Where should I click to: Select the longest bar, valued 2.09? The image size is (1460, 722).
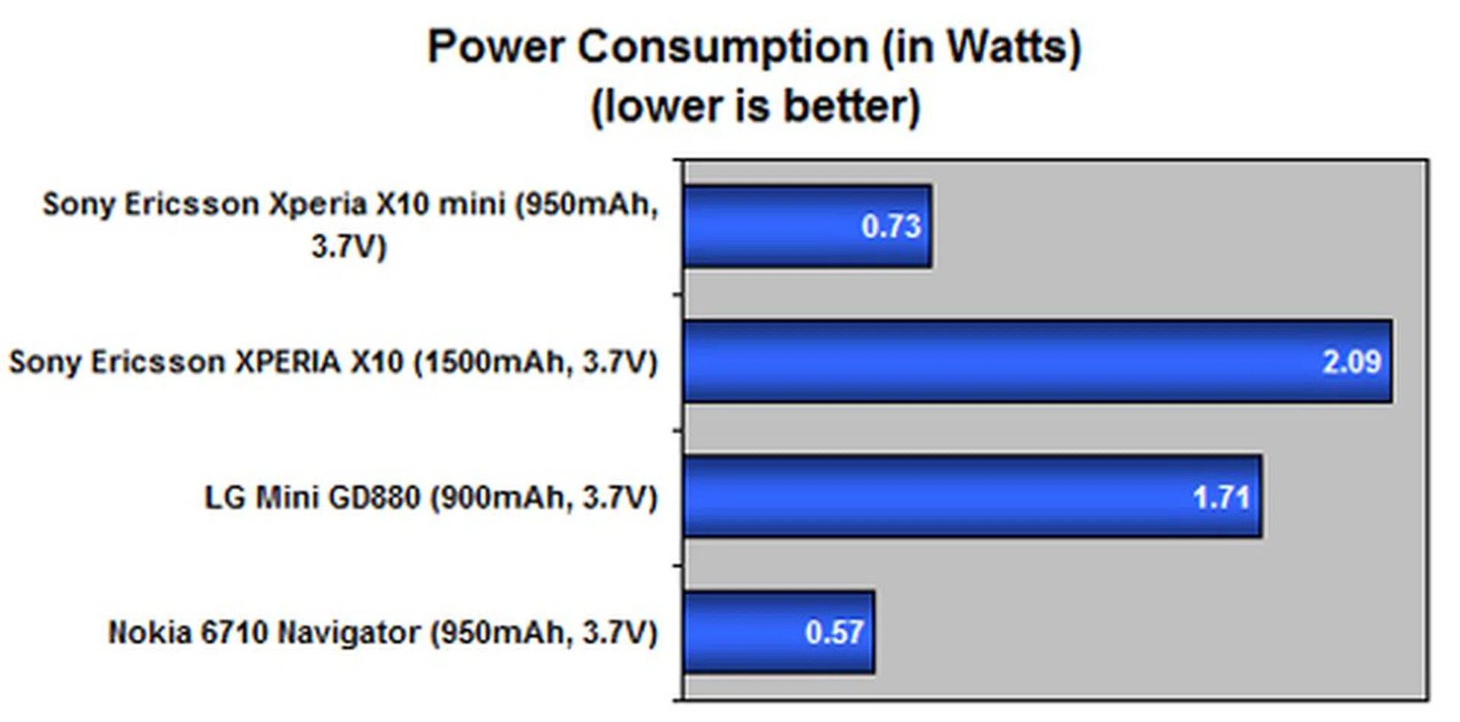pyautogui.click(x=989, y=361)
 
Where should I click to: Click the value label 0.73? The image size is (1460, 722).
pyautogui.click(x=890, y=227)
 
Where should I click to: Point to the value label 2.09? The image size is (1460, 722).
pyautogui.click(x=1351, y=361)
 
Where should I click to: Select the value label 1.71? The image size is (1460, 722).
pyautogui.click(x=1221, y=498)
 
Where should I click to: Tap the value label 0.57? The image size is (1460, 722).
pyautogui.click(x=833, y=633)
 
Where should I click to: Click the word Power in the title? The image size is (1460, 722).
pyautogui.click(x=495, y=47)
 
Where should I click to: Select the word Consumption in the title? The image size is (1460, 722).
pyautogui.click(x=722, y=47)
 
